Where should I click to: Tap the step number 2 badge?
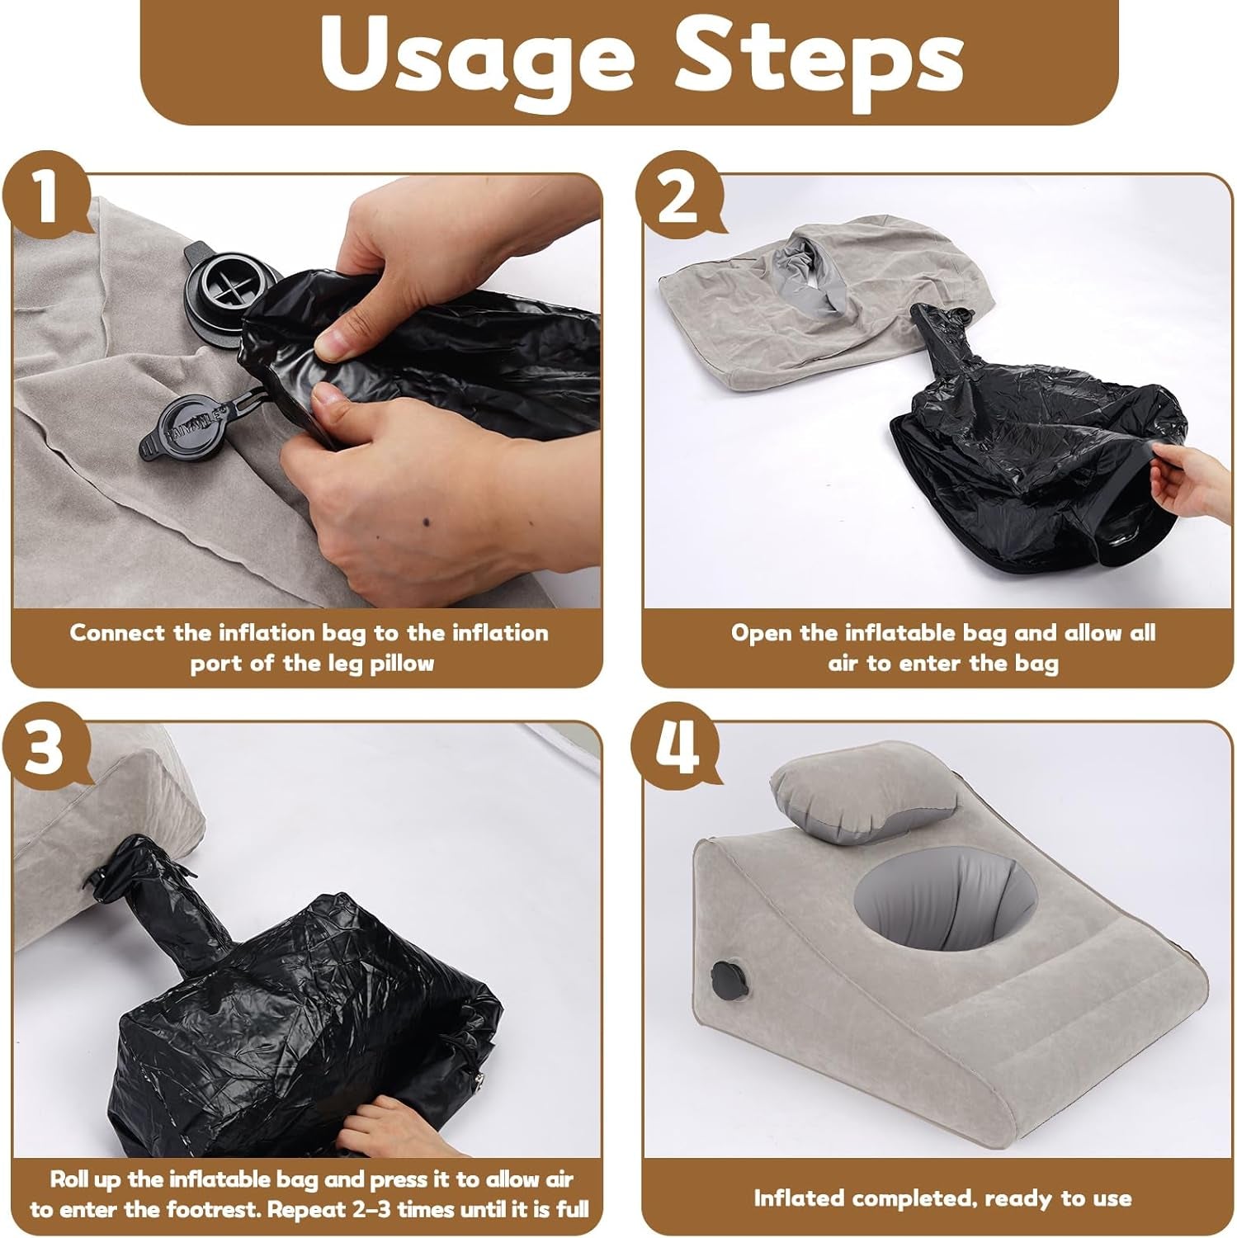coord(677,198)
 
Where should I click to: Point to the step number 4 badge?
coord(677,747)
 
